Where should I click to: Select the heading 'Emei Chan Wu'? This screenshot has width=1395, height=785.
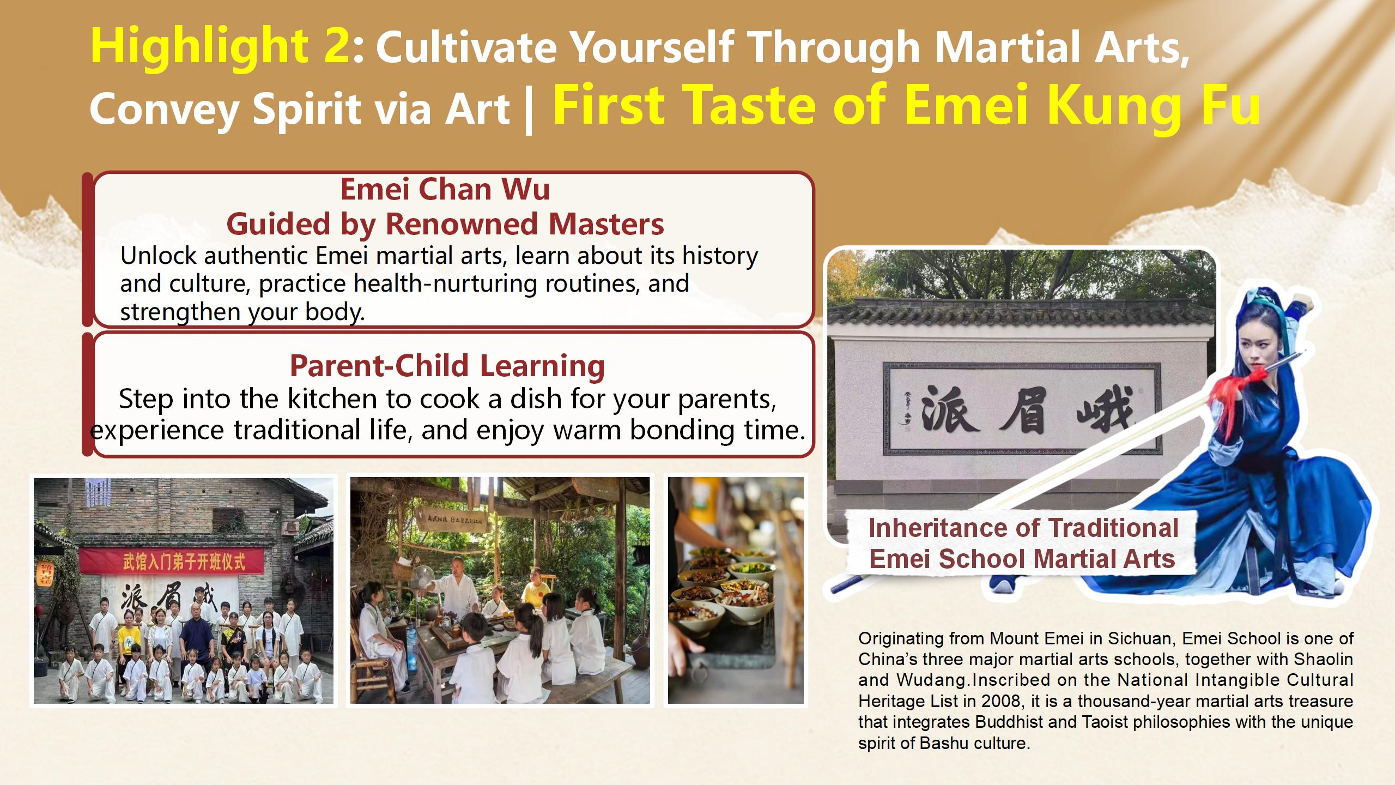click(x=445, y=189)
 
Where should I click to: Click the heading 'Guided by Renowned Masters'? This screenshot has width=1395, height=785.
click(x=445, y=224)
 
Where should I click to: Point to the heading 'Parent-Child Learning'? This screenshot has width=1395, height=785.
click(x=447, y=365)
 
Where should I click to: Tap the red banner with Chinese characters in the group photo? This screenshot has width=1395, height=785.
click(x=172, y=561)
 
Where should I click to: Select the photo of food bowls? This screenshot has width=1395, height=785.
click(x=736, y=590)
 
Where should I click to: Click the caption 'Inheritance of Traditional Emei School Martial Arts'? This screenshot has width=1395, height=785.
click(x=1023, y=543)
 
